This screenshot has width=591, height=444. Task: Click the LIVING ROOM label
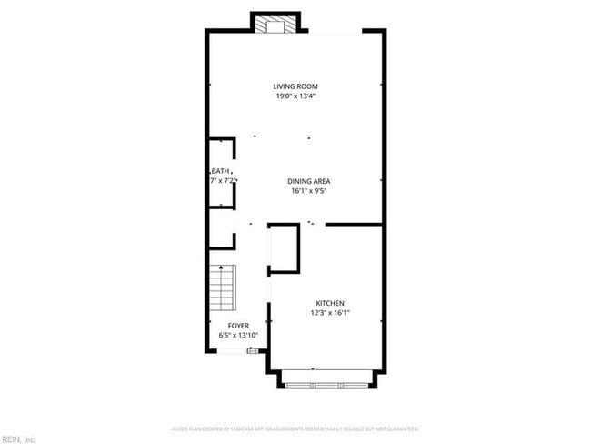click(295, 86)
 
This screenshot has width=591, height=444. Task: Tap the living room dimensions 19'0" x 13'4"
click(295, 96)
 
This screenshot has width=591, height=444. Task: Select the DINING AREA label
click(308, 182)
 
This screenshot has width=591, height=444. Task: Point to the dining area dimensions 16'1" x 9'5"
click(308, 191)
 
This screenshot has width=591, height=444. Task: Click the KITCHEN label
click(329, 303)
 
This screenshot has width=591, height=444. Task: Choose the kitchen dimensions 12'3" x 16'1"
click(329, 313)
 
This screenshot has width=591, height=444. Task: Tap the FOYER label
click(238, 325)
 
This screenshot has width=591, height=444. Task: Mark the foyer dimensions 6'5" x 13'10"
click(238, 335)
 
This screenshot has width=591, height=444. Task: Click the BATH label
click(221, 171)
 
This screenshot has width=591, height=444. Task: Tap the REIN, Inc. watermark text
click(18, 439)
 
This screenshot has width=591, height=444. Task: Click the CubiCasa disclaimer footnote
click(295, 429)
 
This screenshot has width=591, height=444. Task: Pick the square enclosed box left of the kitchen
click(284, 247)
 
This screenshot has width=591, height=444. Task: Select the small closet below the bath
click(221, 228)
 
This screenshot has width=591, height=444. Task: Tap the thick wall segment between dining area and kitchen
click(353, 224)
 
